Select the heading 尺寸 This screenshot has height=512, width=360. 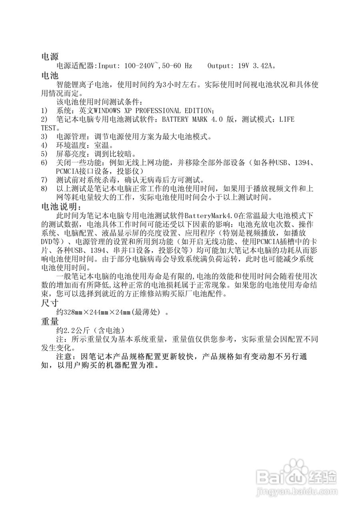tap(50, 303)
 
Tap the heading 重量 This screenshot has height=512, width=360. tap(50, 321)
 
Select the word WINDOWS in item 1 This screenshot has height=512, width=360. tap(106, 110)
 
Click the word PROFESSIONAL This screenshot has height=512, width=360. tap(156, 110)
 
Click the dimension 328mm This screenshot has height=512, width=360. tap(74, 312)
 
